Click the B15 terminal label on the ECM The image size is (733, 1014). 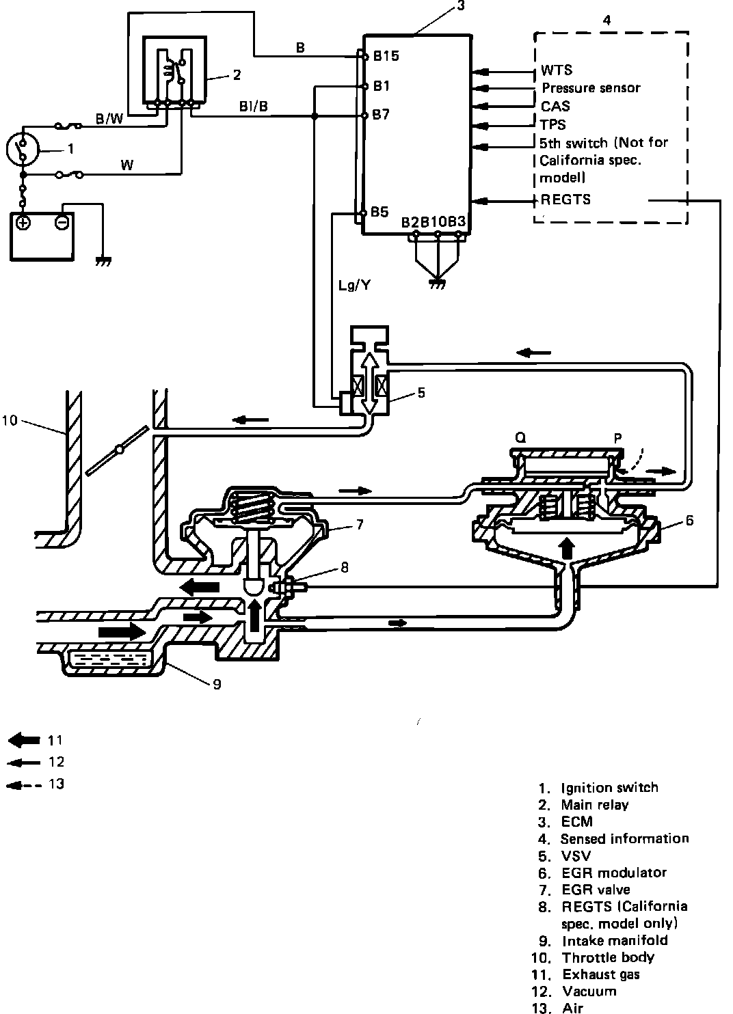386,55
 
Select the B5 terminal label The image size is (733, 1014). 379,212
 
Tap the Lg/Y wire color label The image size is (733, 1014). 355,285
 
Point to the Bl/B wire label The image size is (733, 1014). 254,107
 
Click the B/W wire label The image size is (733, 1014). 109,119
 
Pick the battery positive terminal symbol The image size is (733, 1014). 23,222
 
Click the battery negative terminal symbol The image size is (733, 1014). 62,222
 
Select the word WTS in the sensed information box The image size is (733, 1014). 557,70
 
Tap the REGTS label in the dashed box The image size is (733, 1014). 566,200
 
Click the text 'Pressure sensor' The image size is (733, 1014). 591,88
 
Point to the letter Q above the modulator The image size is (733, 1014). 520,437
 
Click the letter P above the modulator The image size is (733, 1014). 617,438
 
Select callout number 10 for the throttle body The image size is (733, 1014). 10,420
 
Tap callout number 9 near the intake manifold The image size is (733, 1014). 217,684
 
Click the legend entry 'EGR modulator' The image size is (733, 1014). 614,873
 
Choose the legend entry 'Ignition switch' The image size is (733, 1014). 609,788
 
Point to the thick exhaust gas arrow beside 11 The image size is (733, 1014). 25,740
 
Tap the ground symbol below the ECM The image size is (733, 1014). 438,284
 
